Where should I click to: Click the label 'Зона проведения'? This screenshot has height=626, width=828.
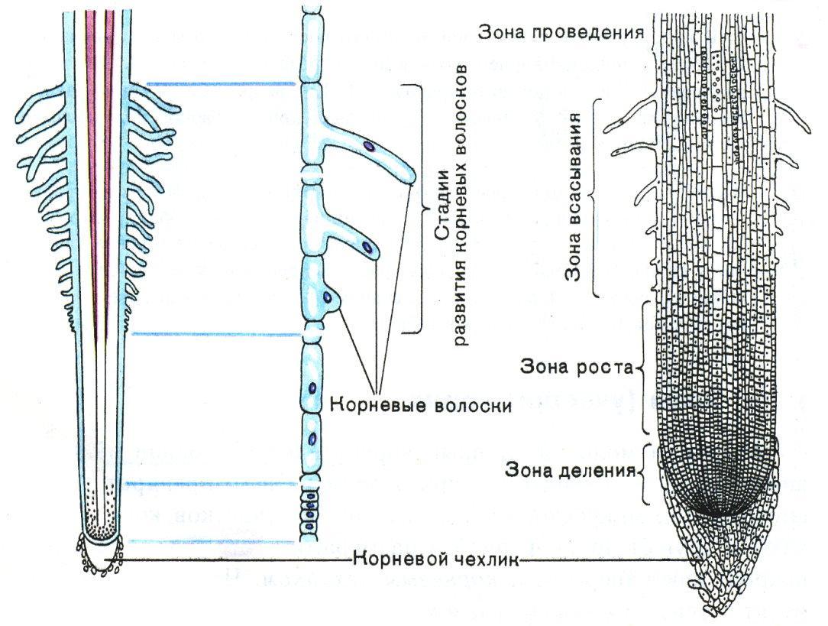coord(561,32)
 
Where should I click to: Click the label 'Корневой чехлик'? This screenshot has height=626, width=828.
coord(435,560)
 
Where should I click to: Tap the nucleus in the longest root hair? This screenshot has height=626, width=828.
coord(368,145)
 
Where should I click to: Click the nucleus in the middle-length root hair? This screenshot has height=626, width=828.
coord(367,248)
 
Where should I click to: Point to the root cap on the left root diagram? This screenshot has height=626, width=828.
coord(99,553)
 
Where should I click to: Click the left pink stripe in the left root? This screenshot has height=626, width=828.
coord(92,153)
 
